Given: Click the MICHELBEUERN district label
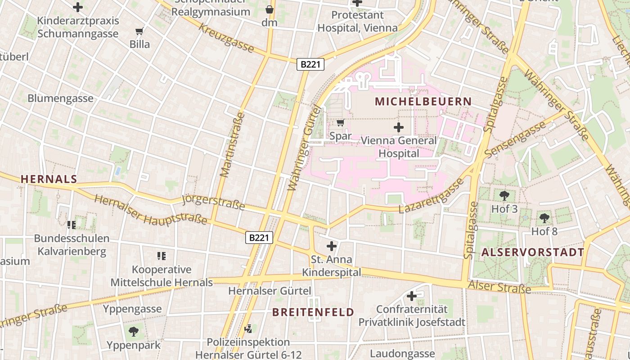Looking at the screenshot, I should [x=423, y=102].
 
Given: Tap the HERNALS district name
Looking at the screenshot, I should [x=49, y=179].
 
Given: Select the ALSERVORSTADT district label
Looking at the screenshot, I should [x=533, y=252].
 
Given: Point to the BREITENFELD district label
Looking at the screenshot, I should [x=313, y=312].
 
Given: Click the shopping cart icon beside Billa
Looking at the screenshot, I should [x=139, y=31].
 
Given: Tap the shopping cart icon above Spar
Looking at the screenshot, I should [x=341, y=123].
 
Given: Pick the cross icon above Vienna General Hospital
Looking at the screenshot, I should [x=399, y=128].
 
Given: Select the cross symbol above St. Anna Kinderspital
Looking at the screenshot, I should [x=332, y=246].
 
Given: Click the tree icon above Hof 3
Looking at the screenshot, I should [x=504, y=196].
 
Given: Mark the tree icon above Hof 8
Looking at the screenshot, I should [x=544, y=219].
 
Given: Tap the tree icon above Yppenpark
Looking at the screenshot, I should [x=134, y=332].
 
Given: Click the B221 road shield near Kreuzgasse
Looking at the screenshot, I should [x=310, y=64].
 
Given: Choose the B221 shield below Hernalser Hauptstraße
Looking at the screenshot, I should [x=259, y=238].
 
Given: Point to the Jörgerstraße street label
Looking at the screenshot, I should [x=214, y=202].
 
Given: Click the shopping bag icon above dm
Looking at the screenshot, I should [x=270, y=9].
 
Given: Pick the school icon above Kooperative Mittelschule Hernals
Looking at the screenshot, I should [x=162, y=256].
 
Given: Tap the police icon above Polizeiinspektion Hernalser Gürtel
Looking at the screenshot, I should [x=247, y=329].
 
